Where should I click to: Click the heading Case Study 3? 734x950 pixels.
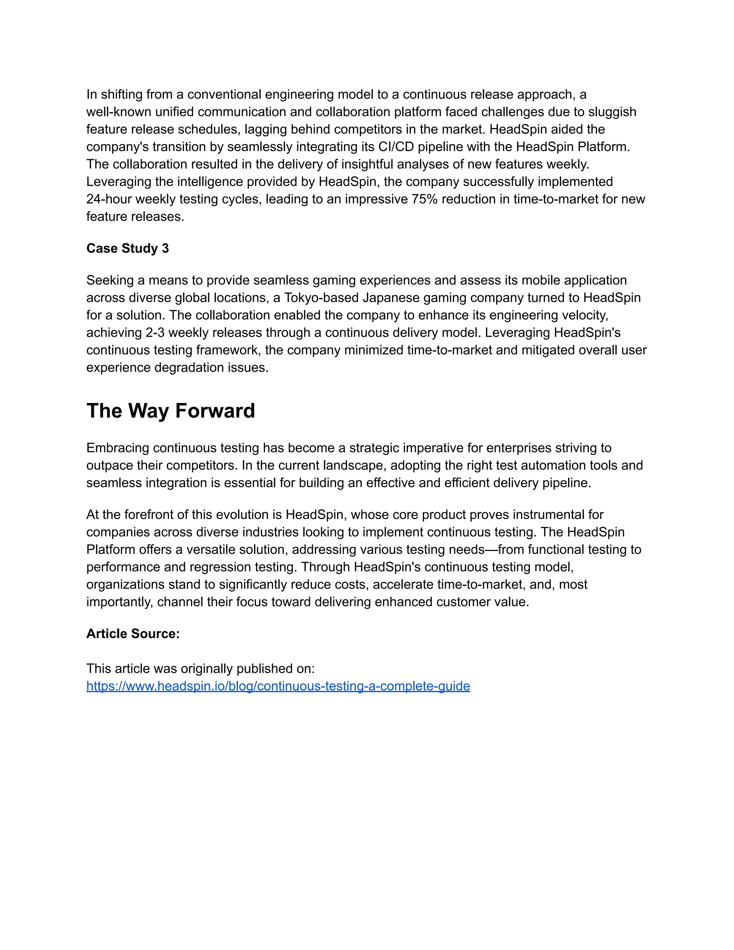pos(127,248)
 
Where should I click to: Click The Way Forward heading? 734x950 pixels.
pos(171,410)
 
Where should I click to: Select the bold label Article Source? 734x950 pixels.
pos(133,634)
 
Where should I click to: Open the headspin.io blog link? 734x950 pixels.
pos(278,686)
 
